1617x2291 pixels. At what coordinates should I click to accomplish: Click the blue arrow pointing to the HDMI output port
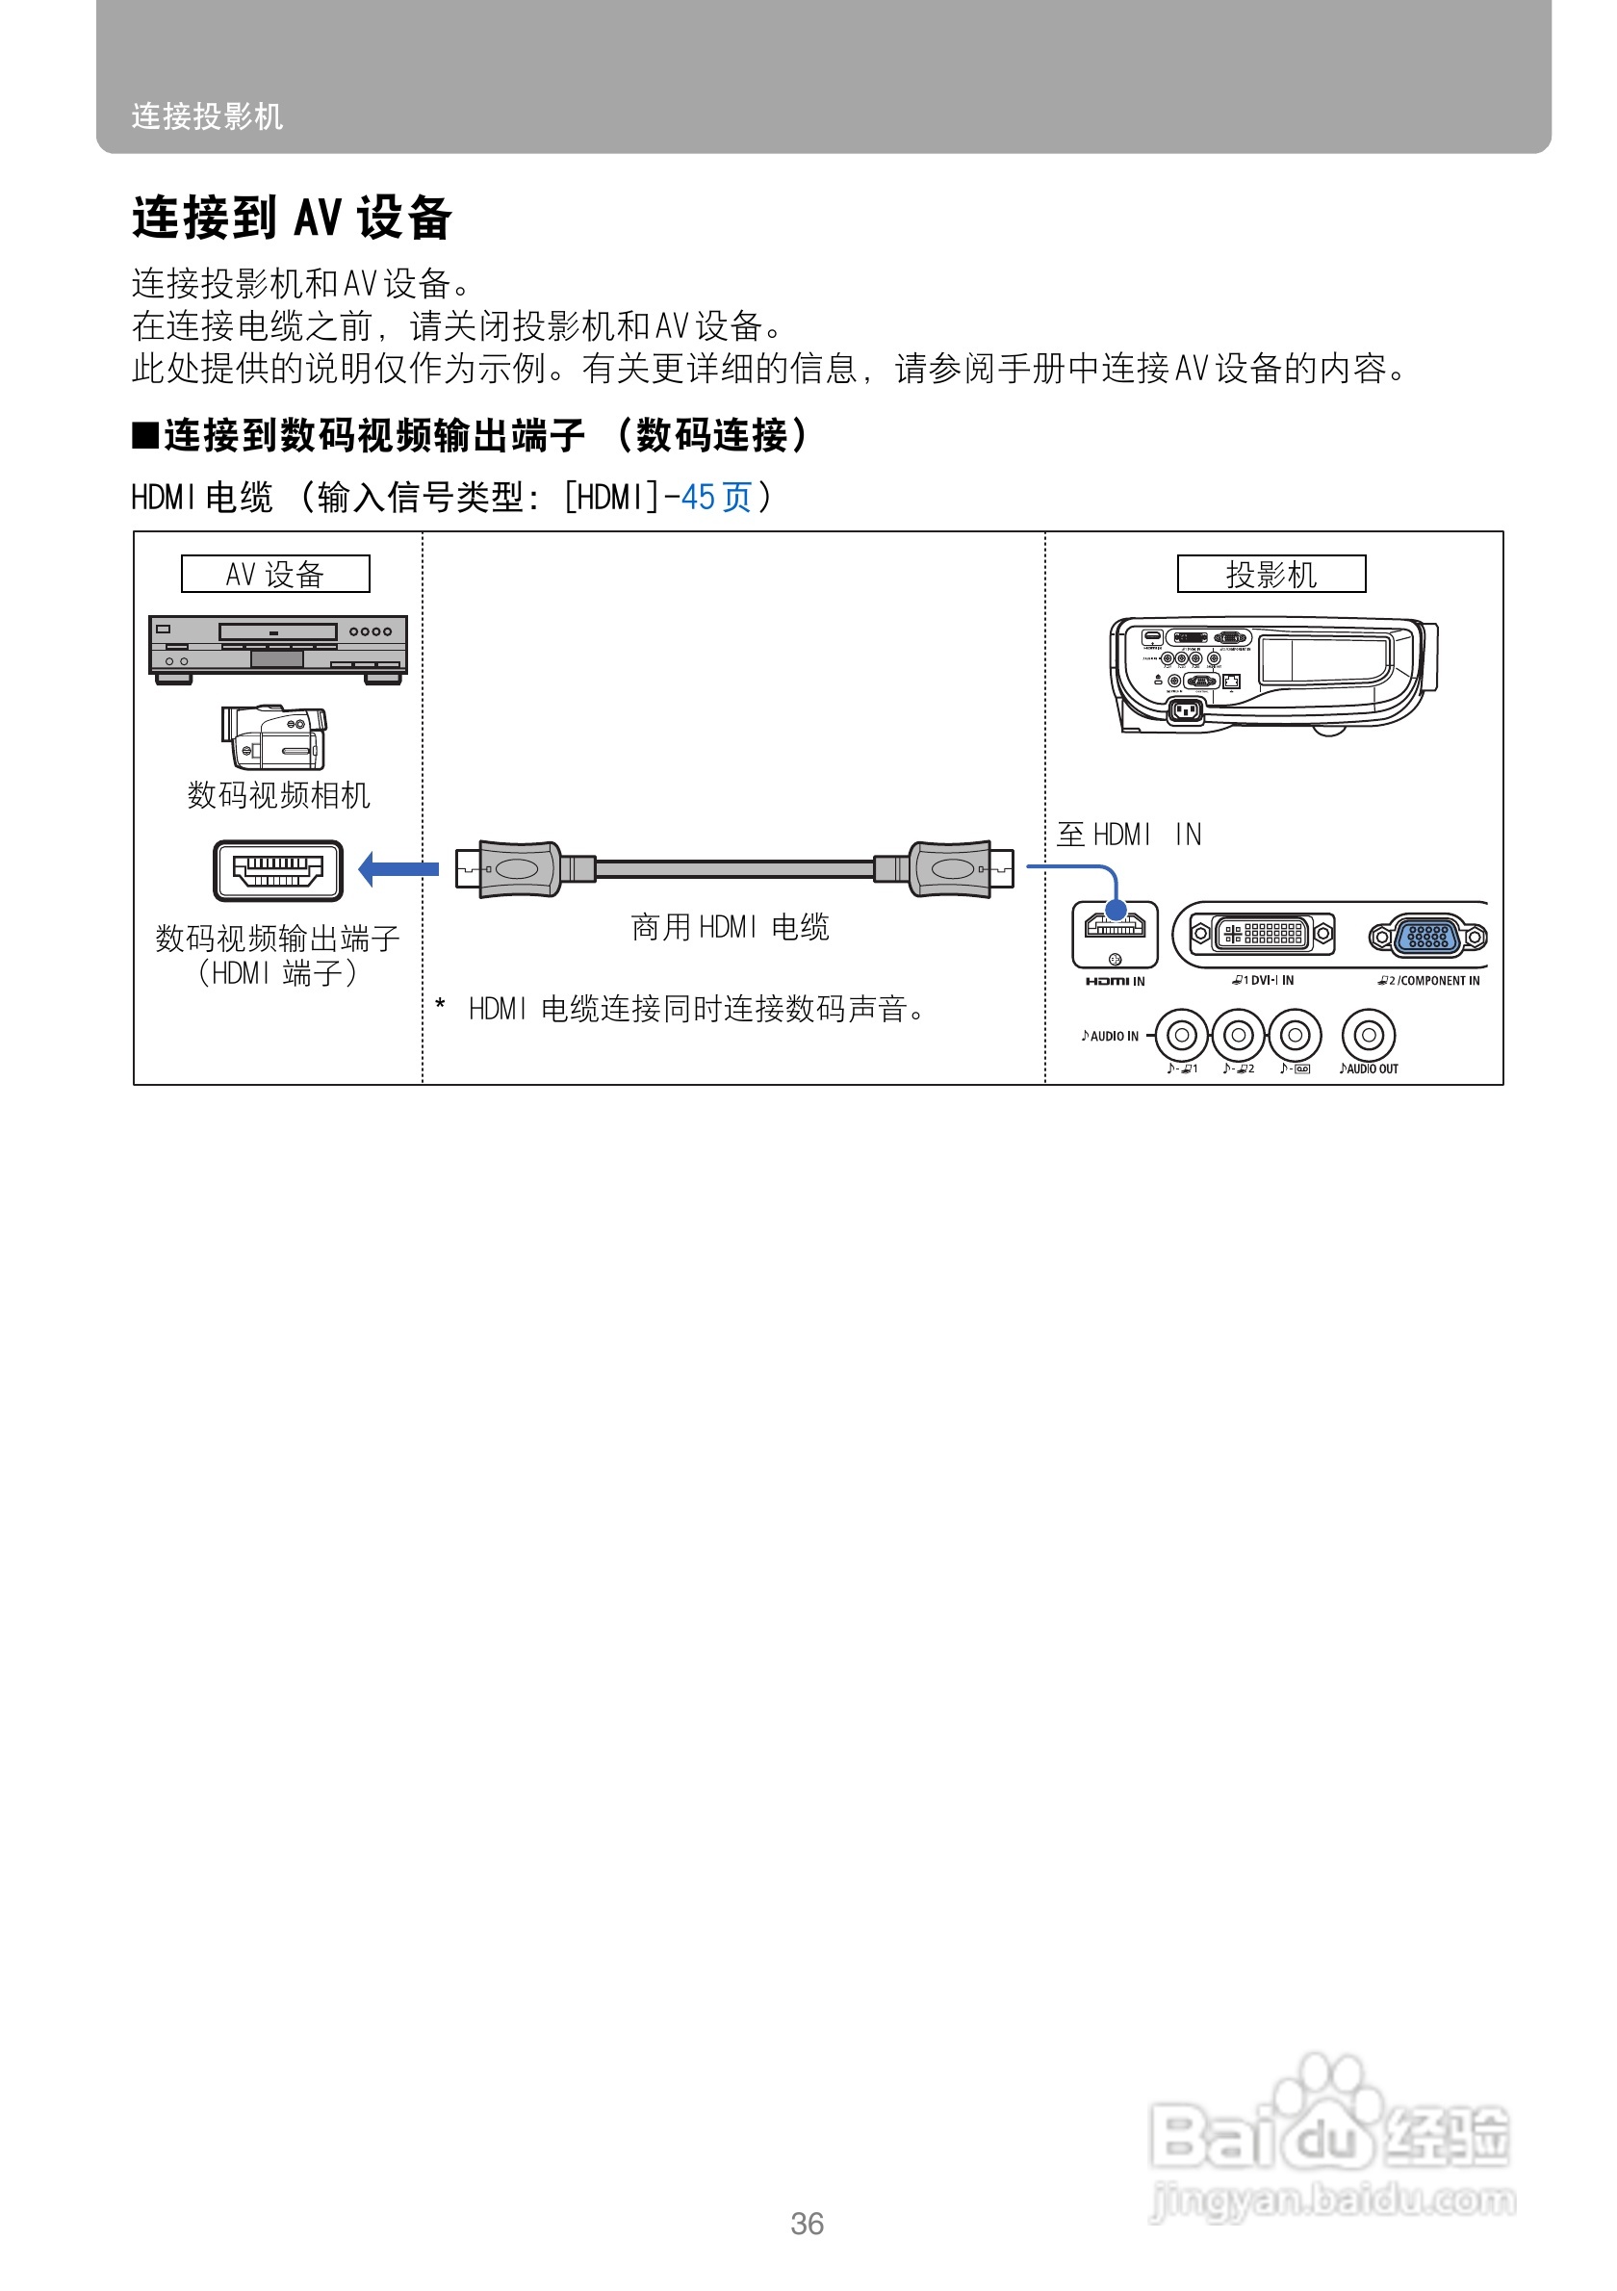coord(398,868)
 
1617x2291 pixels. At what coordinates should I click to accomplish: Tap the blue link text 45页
coord(715,497)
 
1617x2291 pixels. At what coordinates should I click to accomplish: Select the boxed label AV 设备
coord(275,574)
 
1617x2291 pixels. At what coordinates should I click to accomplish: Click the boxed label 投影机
coord(1270,574)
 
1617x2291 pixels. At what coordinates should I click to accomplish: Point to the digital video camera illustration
coord(274,737)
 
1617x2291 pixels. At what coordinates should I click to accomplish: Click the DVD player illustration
coord(277,649)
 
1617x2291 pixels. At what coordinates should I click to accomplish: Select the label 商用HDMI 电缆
coord(730,927)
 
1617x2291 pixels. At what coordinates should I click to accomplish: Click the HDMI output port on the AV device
coord(277,870)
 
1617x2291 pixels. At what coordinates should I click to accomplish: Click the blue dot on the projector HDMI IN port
coord(1116,910)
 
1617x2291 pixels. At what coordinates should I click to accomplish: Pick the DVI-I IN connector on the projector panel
coord(1262,934)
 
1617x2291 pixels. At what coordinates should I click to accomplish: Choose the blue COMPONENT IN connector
coord(1427,936)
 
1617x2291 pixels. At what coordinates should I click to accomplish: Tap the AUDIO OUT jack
coord(1368,1035)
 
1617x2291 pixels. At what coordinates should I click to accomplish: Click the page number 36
coord(807,2225)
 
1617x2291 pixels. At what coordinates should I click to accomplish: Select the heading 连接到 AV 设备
coord(293,218)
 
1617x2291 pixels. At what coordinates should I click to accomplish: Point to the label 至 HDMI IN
coord(1128,835)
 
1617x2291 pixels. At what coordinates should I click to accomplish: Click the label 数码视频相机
coord(278,795)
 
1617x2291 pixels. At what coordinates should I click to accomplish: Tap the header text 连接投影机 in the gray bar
coord(208,116)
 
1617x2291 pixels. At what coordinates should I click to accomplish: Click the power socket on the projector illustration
coord(1185,710)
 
